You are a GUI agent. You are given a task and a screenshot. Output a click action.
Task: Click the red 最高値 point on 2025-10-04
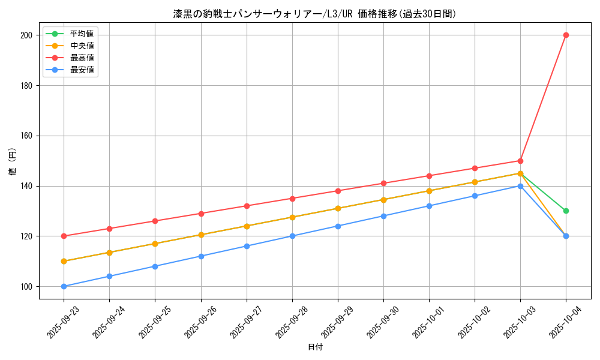(x=566, y=35)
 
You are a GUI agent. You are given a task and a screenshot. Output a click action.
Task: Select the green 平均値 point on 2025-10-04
(x=566, y=211)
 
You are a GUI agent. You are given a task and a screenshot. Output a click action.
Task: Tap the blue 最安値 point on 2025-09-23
(x=64, y=286)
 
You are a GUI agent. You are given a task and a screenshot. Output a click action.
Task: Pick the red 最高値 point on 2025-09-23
(x=64, y=236)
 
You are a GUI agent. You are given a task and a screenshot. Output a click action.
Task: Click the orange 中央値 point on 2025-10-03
(x=520, y=173)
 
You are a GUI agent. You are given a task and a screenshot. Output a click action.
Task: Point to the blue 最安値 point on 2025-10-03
(x=520, y=186)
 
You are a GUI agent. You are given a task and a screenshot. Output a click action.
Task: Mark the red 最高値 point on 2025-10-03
(x=520, y=161)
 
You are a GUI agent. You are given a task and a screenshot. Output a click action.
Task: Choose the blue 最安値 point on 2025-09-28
(x=292, y=236)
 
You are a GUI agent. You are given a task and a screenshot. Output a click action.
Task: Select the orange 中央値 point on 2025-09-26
(x=201, y=235)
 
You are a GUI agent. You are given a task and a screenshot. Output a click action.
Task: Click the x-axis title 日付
(x=315, y=347)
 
